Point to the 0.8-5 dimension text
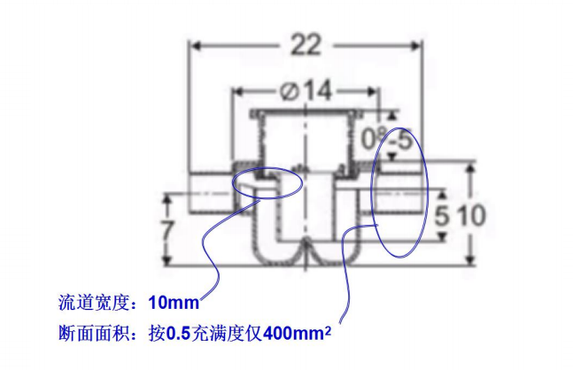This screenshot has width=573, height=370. click(389, 137)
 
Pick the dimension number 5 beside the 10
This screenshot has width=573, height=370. click(444, 213)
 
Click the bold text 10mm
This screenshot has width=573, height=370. click(174, 304)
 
